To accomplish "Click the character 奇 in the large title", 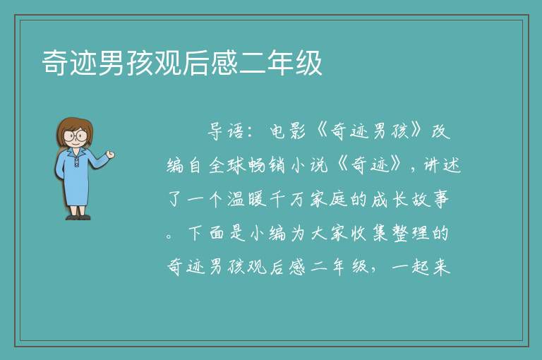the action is coord(55,63).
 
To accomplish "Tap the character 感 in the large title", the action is coord(224,63).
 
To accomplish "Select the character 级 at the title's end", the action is coord(308,63).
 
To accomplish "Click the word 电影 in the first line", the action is coord(288,131).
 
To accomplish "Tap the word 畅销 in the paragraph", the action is coord(267,165).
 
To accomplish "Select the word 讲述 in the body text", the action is coord(442,165).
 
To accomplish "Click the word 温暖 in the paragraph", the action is coord(247,200).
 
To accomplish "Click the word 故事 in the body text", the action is coord(430,200).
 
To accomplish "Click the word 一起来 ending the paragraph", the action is coord(421,267).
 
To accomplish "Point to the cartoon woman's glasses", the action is coord(76,135).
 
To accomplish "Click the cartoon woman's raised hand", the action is coord(110,155).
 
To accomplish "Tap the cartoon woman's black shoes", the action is coord(78,217).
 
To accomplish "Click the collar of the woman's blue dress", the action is coord(76,153).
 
